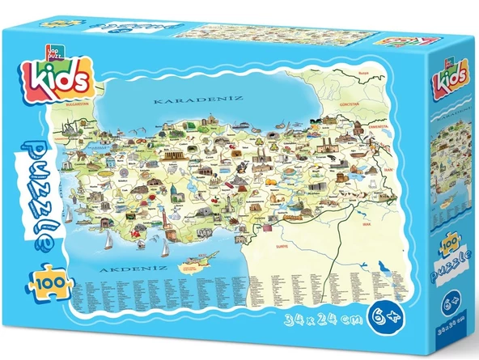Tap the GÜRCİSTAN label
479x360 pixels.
(348, 104)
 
